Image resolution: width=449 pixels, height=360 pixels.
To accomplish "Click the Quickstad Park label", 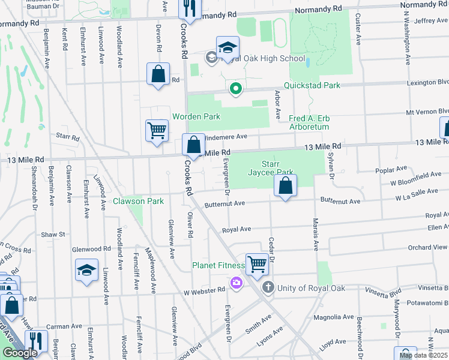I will point(312,85).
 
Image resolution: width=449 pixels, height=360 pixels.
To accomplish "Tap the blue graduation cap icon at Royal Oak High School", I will point(228,47).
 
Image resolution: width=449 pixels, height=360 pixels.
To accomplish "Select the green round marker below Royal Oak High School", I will point(236,89).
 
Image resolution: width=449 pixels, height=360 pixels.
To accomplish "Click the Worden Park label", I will point(196,116).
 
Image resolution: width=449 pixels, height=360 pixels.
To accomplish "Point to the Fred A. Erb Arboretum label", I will point(309,122).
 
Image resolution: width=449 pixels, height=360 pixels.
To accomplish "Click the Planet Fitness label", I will point(218,265).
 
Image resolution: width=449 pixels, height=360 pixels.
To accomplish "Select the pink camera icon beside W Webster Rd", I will point(236,282).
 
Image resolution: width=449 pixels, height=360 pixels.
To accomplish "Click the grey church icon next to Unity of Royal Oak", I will point(268,288).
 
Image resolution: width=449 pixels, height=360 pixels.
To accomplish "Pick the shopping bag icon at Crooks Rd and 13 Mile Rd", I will point(193,145).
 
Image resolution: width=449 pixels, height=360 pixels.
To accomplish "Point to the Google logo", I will point(19,353).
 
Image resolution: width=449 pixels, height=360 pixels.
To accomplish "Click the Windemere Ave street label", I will point(226,137).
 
